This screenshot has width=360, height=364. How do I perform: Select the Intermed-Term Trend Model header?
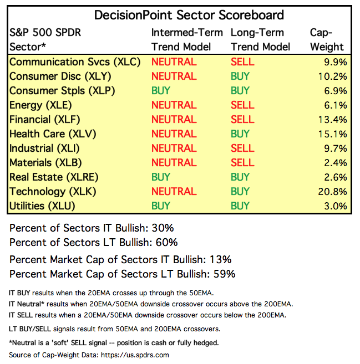pos(187,40)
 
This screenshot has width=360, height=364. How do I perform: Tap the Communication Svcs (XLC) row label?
pos(75,62)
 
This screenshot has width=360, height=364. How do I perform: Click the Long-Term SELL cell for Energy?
pos(242,105)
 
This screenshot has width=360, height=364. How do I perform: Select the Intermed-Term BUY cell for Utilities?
pos(161,206)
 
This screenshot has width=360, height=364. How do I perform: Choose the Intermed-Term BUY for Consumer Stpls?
pos(161,91)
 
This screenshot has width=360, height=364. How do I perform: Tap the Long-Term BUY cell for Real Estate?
pos(240,177)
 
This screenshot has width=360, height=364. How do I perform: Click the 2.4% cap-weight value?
pos(336,163)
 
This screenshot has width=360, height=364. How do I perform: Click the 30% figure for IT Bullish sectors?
pos(166,228)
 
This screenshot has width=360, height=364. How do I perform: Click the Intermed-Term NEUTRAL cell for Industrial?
pos(174,148)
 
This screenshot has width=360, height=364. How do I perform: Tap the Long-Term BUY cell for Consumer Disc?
pos(240,76)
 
